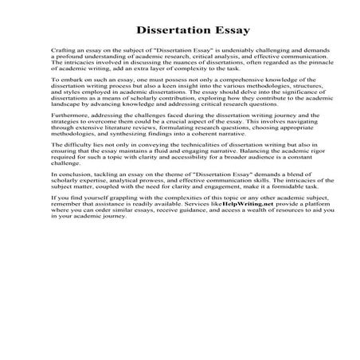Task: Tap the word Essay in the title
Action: pyautogui.click(x=222, y=31)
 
